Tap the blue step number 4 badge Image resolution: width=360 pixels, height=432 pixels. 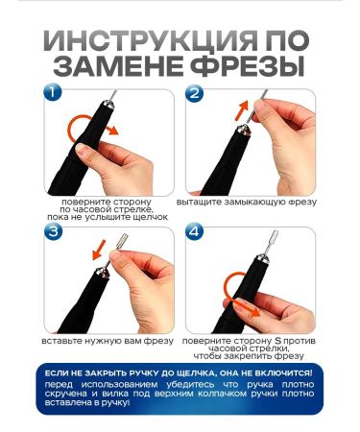pyautogui.click(x=195, y=232)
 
